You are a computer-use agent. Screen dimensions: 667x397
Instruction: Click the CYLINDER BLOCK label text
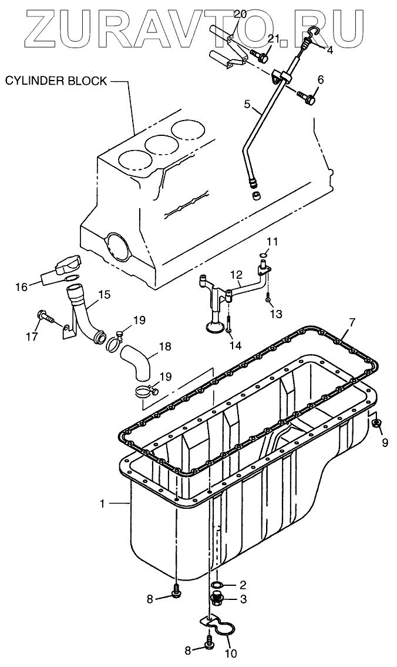(x=56, y=81)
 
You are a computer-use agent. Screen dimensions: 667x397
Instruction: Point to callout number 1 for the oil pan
(x=102, y=503)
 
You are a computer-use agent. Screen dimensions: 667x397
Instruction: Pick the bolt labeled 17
(x=44, y=318)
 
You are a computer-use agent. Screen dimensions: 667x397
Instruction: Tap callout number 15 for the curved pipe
(x=103, y=294)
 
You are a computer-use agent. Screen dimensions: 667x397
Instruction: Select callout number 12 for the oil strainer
(x=235, y=274)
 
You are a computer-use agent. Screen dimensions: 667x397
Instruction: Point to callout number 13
(x=276, y=315)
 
